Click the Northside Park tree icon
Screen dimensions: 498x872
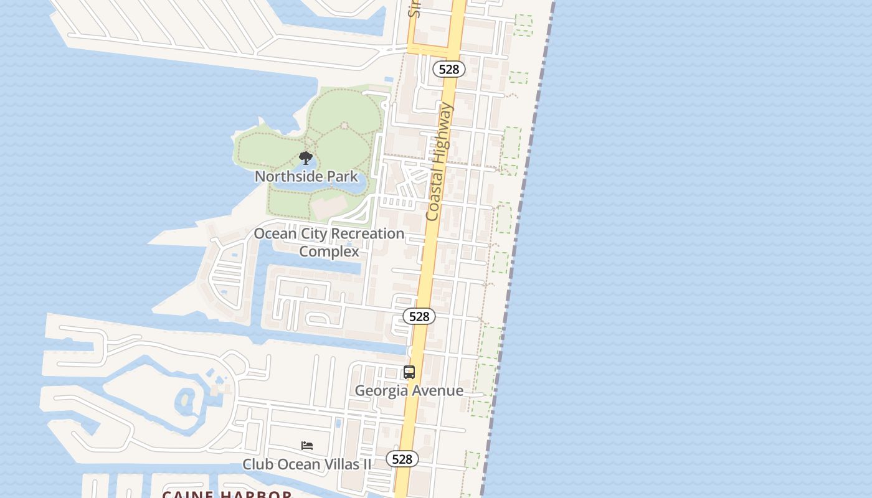[x=305, y=157]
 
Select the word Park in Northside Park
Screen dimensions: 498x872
[x=343, y=176]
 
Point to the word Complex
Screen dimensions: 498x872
[x=329, y=251]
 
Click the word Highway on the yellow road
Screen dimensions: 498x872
[x=443, y=133]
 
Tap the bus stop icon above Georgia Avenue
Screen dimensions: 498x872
[x=409, y=372]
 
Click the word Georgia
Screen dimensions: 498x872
[x=381, y=390]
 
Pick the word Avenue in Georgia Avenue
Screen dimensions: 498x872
[x=437, y=390]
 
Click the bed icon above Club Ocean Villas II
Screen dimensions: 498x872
[x=306, y=446]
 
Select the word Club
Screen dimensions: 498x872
[x=256, y=464]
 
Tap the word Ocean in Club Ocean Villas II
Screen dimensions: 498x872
[x=293, y=464]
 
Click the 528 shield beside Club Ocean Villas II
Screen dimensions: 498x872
[x=402, y=459]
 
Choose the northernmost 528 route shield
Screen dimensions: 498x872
[x=448, y=69]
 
